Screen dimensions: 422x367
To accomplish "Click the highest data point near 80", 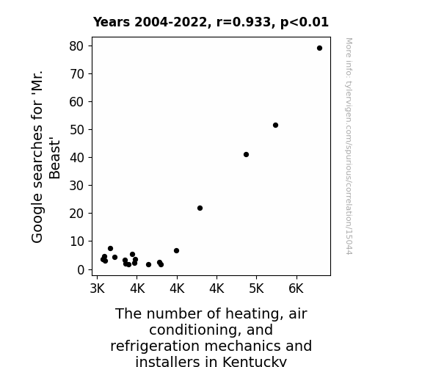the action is click(319, 48).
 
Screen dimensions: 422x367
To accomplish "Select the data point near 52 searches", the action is click(275, 126).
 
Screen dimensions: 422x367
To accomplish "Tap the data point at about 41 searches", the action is click(246, 155).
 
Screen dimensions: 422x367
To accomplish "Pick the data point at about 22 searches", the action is click(200, 208).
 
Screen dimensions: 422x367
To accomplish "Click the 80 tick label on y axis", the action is click(77, 46).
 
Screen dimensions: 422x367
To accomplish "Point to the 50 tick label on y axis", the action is click(77, 130).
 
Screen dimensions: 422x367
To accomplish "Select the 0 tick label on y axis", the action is click(81, 269).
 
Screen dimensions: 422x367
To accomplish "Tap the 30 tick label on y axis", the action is click(77, 186).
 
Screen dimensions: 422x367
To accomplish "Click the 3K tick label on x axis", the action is click(97, 288).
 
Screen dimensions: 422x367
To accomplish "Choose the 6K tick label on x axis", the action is click(296, 288).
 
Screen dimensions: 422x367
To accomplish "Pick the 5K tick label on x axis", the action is click(256, 288).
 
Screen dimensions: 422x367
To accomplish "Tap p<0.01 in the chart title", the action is click(305, 22).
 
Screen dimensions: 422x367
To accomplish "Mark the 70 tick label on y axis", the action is click(77, 74).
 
